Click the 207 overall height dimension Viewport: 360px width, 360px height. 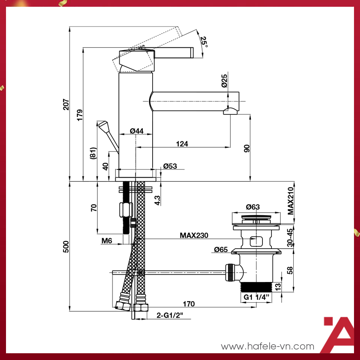pos(66,104)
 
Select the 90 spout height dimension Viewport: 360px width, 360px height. pos(247,148)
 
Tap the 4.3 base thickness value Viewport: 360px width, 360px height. pos(157,200)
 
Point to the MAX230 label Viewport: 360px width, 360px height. pos(194,235)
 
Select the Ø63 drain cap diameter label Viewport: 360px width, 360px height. pos(253,207)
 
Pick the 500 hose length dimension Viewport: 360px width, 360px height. pos(66,246)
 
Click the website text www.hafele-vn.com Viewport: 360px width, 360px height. pos(267,346)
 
